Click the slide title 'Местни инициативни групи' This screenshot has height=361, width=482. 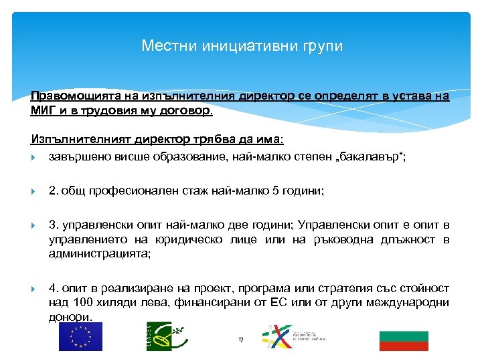coord(242,46)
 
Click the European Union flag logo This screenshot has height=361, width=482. coord(80,336)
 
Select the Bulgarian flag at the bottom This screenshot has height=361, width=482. coord(403,340)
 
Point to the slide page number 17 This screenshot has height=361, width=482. coord(241,340)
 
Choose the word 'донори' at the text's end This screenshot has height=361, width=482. coord(69,317)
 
